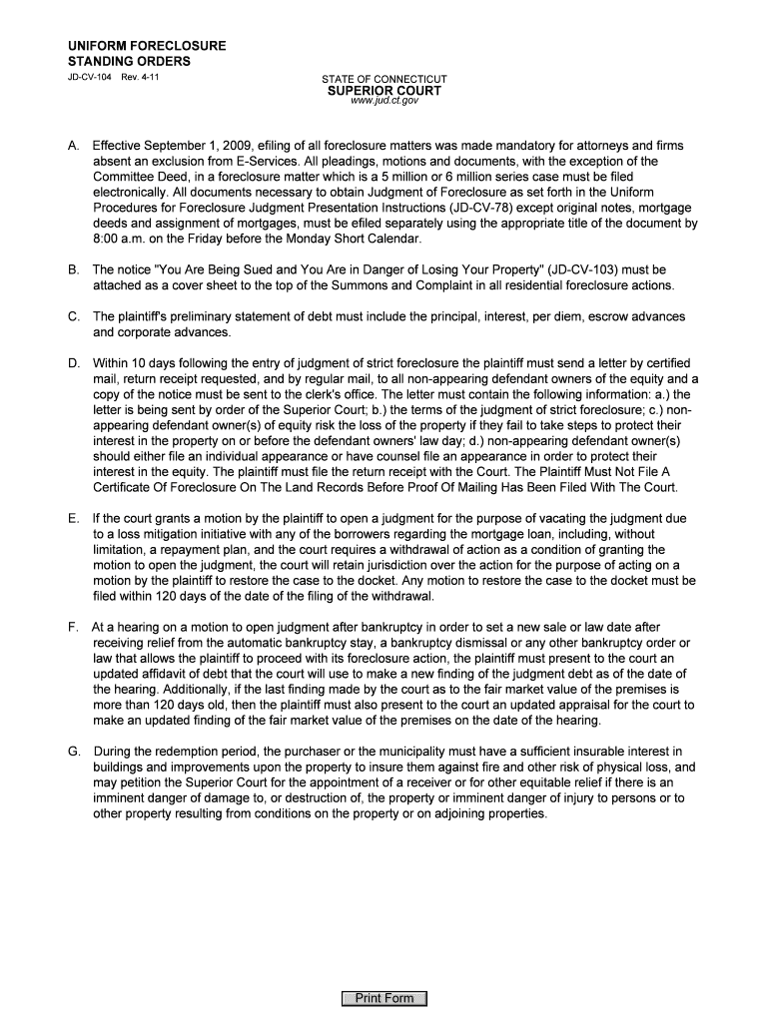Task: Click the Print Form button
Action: point(384,998)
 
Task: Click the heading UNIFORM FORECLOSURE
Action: point(147,46)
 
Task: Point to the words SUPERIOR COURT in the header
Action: point(384,91)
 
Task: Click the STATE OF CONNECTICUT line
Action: point(384,79)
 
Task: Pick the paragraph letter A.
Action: point(74,146)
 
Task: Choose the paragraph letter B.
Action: point(74,269)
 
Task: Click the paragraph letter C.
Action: point(74,316)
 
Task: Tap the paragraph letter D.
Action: point(74,362)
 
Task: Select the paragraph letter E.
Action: point(74,519)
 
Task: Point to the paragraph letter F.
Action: point(74,628)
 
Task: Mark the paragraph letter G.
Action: point(74,751)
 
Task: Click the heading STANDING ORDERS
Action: point(129,61)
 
